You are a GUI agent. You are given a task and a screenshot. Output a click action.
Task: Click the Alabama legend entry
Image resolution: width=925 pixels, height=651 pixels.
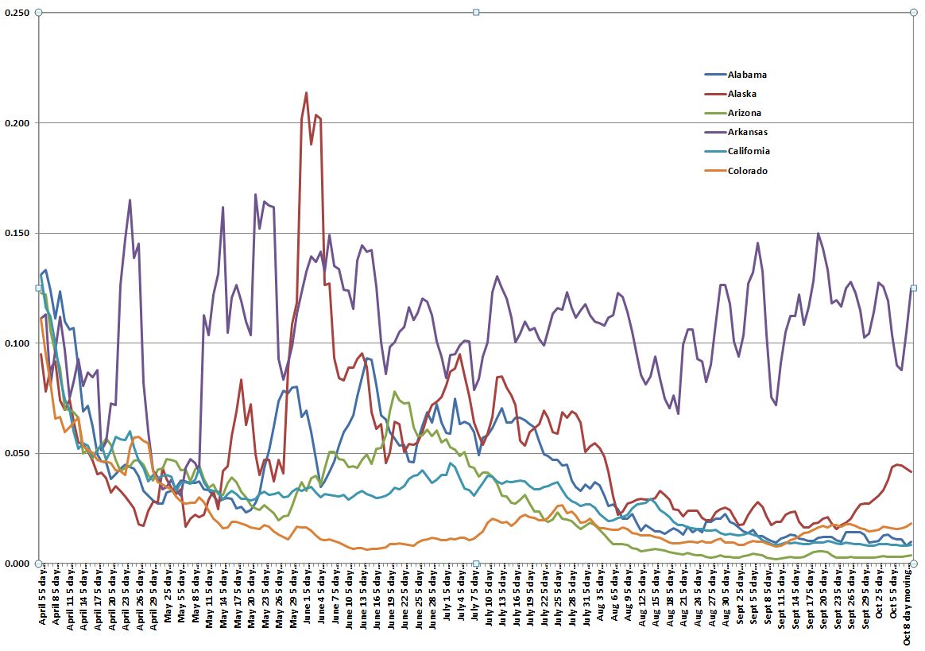(746, 75)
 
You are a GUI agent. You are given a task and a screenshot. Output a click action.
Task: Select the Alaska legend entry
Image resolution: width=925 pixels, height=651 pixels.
(742, 94)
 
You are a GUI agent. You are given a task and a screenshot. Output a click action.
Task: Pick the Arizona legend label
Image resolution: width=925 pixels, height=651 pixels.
(745, 113)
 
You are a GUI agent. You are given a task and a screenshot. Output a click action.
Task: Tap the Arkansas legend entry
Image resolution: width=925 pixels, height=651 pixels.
(747, 132)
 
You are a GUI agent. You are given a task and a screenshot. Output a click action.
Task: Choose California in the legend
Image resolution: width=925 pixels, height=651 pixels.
(749, 151)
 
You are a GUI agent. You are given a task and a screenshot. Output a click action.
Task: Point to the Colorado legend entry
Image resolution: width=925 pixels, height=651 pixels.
(747, 171)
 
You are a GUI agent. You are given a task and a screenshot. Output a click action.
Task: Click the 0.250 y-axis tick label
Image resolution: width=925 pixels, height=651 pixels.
(17, 13)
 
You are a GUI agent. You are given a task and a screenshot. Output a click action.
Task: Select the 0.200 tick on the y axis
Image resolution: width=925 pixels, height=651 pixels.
(17, 123)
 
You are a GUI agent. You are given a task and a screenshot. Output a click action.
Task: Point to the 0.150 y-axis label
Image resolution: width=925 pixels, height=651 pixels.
(17, 233)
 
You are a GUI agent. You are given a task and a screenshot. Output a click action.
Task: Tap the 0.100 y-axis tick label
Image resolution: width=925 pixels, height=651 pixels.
(17, 343)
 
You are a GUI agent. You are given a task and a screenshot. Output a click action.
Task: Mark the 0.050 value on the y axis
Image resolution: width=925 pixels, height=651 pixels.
(17, 453)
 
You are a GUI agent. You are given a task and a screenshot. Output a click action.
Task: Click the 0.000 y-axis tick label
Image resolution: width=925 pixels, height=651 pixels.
(17, 564)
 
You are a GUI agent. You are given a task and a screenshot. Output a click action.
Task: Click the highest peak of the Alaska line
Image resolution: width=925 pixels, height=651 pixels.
(307, 93)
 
